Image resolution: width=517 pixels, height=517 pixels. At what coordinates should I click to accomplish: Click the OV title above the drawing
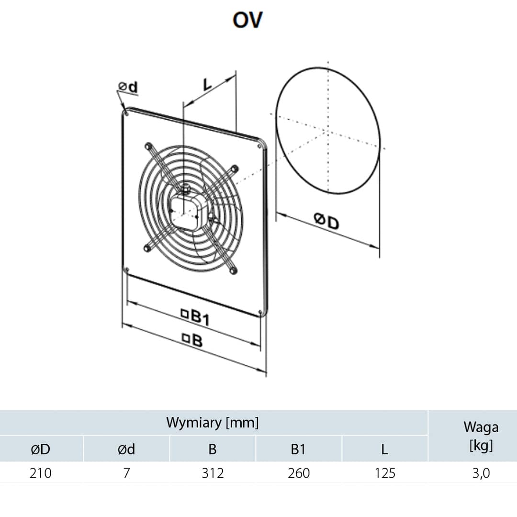point(247,20)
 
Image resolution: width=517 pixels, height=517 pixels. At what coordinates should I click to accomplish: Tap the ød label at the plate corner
point(128,87)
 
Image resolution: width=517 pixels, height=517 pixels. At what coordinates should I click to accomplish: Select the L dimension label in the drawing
point(206,85)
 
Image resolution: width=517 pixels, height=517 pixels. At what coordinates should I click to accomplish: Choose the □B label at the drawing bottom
point(192,340)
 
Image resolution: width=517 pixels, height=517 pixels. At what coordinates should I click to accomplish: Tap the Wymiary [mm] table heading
point(213,423)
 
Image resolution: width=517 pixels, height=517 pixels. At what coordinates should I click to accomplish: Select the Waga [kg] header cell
point(481,436)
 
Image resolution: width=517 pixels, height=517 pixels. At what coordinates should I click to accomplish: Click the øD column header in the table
point(40,449)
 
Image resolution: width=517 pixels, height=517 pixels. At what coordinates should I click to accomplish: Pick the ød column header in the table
point(126,449)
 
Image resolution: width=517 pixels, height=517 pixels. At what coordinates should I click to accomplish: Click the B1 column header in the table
point(298,449)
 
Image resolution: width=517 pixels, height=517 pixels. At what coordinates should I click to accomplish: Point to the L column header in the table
point(384,449)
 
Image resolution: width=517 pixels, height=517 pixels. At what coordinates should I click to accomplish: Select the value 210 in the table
point(40,473)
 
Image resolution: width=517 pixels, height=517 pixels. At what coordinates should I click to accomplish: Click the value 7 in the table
point(126,473)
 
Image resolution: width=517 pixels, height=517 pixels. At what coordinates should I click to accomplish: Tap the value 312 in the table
point(213,473)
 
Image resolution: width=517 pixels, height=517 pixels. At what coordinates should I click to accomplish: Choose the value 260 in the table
point(298,473)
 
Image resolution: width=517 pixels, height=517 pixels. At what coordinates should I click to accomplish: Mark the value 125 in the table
point(384,473)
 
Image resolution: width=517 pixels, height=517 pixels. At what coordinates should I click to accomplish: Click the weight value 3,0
point(481,473)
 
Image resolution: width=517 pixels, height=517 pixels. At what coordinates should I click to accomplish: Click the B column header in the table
point(213,449)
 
